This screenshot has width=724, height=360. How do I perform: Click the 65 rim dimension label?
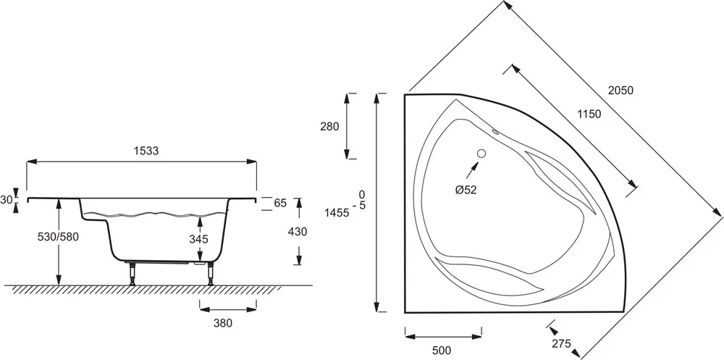coord(280,204)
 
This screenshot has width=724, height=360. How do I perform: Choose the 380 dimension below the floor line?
coord(222,323)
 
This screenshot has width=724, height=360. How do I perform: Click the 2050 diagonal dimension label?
coord(620,91)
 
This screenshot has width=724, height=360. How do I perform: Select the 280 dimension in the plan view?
coord(329,126)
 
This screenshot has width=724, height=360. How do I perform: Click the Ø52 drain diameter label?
coord(465,190)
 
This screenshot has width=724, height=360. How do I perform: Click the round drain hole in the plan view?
coord(481,154)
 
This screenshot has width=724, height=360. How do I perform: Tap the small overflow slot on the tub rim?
coord(497,132)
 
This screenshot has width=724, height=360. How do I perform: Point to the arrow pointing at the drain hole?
coord(471,172)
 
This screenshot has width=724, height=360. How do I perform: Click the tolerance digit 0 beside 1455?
coord(361,194)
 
